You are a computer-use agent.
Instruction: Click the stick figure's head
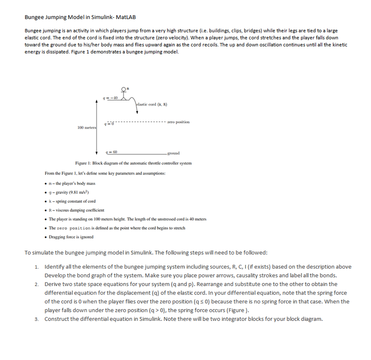click(x=124, y=89)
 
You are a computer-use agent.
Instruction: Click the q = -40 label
click(x=113, y=98)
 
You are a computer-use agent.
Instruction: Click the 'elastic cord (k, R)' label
click(x=152, y=104)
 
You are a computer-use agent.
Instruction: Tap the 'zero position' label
click(x=178, y=122)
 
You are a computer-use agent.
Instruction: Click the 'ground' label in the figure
click(x=174, y=153)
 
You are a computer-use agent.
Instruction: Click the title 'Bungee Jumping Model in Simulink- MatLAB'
click(x=80, y=17)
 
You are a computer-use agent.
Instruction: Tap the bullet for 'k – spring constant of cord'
click(x=46, y=201)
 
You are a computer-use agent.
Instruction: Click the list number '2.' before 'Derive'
click(x=37, y=284)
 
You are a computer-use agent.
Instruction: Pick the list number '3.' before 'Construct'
click(x=37, y=319)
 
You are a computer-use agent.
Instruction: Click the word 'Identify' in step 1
click(x=54, y=267)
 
